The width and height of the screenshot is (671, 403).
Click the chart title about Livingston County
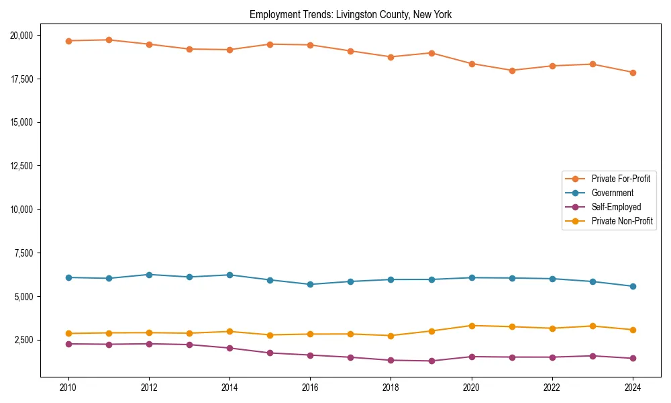350,15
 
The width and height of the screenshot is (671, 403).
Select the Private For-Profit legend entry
620,179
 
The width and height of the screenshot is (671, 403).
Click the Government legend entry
612,193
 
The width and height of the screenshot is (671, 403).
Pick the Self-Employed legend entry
616,207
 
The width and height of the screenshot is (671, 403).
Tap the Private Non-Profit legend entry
622,221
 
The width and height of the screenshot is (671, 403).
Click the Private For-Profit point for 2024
632,73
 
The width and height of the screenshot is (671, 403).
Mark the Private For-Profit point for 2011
109,40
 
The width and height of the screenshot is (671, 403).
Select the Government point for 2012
149,275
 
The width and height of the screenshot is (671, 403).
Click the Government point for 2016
310,284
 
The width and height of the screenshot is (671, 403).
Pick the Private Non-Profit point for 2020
471,326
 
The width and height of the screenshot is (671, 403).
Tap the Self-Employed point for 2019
431,361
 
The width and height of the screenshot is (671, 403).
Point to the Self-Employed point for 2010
68,344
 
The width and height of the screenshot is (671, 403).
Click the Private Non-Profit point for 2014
229,331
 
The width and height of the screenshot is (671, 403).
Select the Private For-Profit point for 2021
511,71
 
